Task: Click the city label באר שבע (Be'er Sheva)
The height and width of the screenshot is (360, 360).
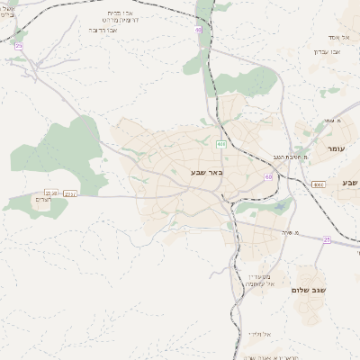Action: click(x=206, y=171)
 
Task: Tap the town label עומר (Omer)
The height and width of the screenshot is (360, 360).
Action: click(x=337, y=148)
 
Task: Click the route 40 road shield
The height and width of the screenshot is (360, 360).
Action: click(x=198, y=30)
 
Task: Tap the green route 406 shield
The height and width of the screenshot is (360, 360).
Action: click(x=220, y=144)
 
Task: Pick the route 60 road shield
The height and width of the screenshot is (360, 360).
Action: click(x=268, y=177)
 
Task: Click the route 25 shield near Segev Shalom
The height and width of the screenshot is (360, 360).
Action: click(x=327, y=240)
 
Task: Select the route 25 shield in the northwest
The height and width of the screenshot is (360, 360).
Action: click(x=19, y=45)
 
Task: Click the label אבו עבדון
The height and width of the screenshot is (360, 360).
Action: click(x=327, y=51)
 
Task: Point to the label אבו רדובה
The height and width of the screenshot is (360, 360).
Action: click(x=103, y=30)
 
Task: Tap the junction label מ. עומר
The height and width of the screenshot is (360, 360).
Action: click(x=337, y=120)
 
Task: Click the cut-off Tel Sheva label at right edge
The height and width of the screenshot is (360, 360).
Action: click(x=350, y=183)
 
